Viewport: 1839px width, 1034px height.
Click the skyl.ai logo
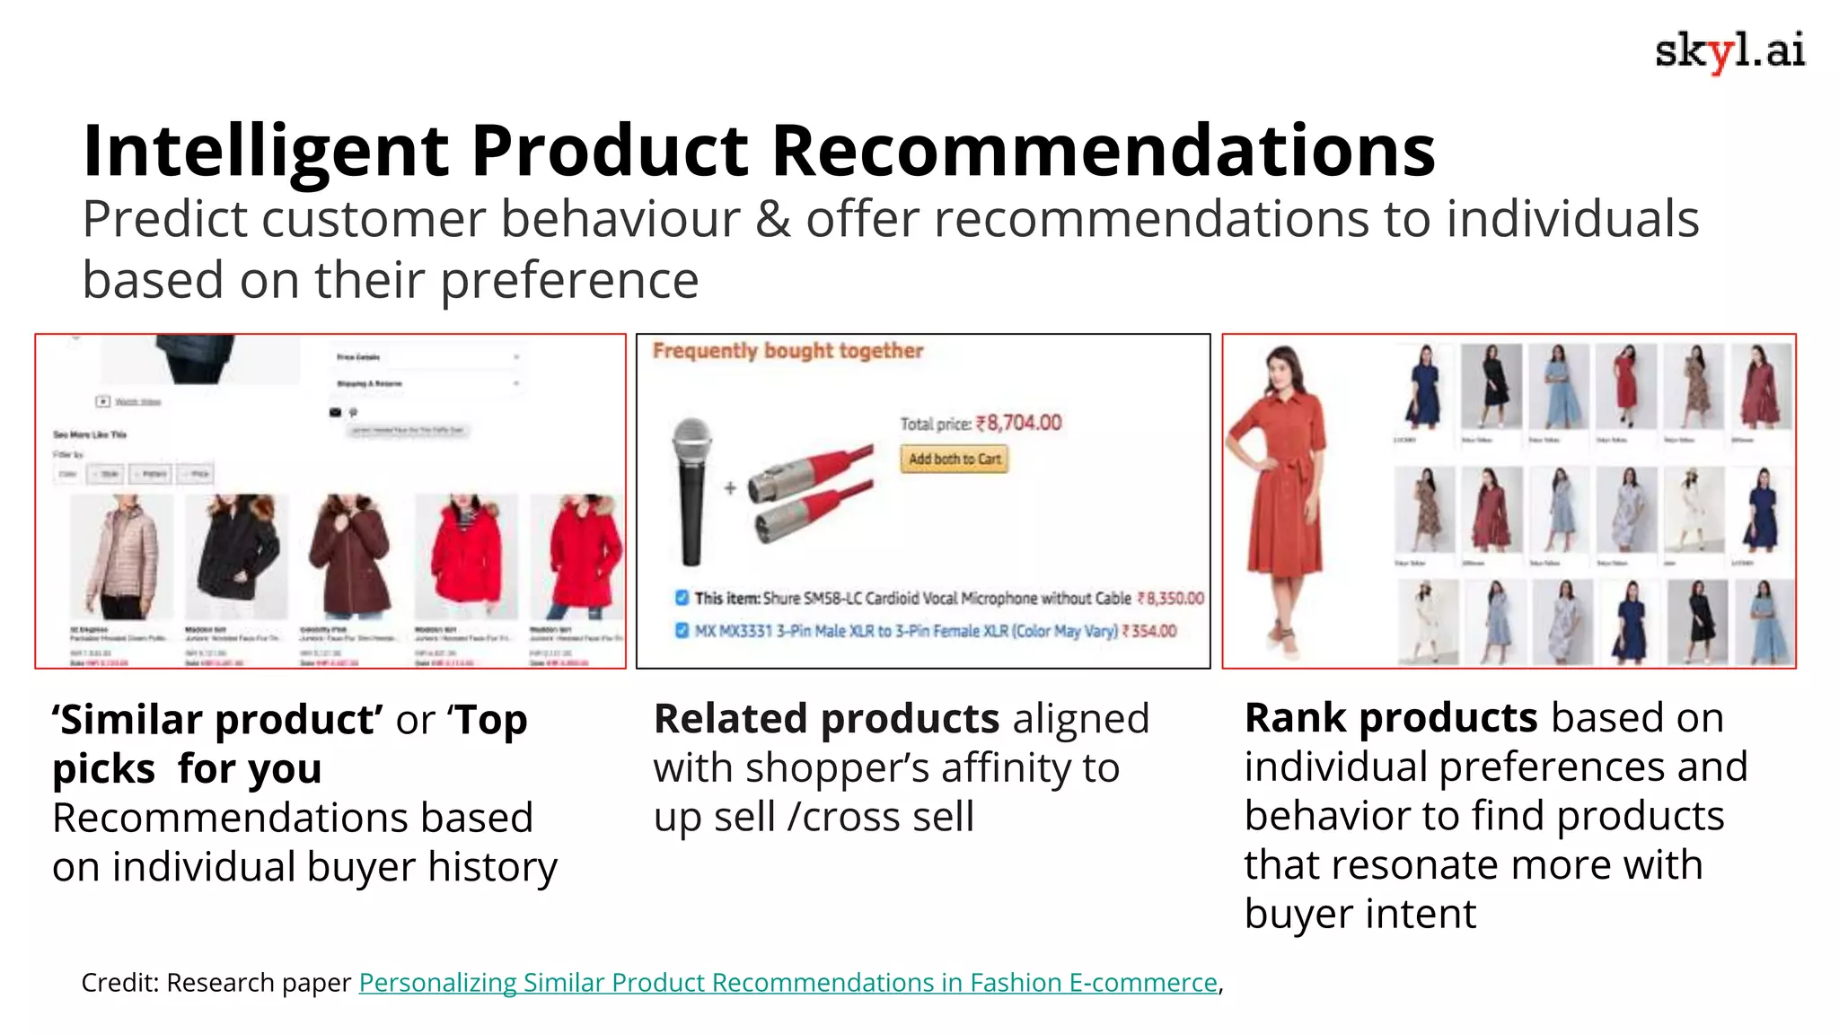pos(1729,52)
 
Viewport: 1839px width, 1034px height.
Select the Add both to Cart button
pos(954,459)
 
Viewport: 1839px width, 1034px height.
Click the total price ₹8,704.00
pos(1018,423)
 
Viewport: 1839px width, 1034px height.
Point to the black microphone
pos(691,491)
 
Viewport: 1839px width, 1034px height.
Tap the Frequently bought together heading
pos(788,351)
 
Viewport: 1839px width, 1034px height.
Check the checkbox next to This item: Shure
pos(682,598)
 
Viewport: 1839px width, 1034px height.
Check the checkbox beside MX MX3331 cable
pos(682,630)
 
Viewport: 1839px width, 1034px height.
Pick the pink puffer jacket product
pos(121,556)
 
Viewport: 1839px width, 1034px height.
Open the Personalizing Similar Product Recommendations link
pos(788,983)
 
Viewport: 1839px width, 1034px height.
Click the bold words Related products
pos(826,719)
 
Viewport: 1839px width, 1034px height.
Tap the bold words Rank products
pos(1391,718)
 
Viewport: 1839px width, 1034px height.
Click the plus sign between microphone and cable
pos(730,488)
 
